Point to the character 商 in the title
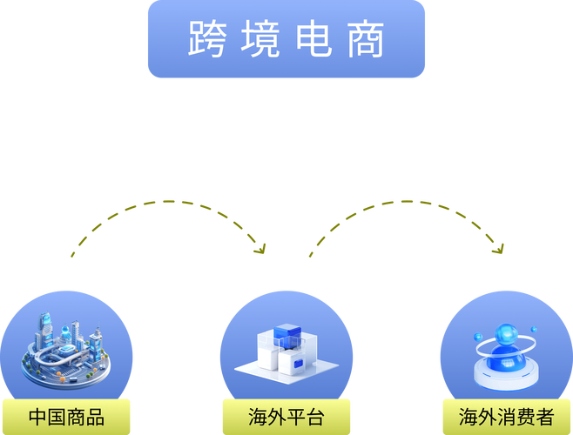tap(365, 39)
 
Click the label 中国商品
tap(66, 417)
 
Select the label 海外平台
tap(286, 417)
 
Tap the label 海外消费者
tap(506, 417)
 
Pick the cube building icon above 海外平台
tap(286, 352)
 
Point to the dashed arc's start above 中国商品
tap(72, 255)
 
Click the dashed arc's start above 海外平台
tap(309, 255)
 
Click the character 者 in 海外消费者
tap(543, 417)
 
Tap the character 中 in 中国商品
tap(37, 417)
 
